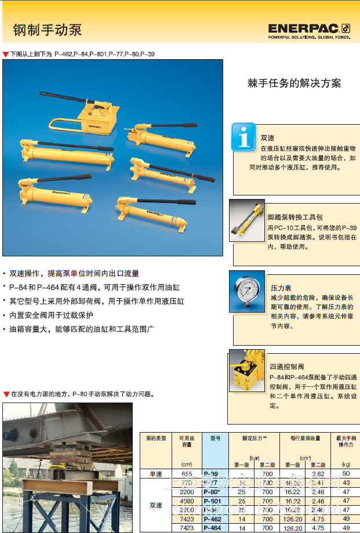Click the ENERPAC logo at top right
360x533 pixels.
pyautogui.click(x=309, y=30)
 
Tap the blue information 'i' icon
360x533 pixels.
pyautogui.click(x=243, y=137)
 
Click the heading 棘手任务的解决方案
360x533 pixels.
pyautogui.click(x=294, y=83)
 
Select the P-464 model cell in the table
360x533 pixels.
pyautogui.click(x=212, y=528)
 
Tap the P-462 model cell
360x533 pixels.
pyautogui.click(x=212, y=519)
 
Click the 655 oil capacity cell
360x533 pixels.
pyautogui.click(x=187, y=474)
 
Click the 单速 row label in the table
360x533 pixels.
pyautogui.click(x=157, y=474)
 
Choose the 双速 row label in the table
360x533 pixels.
pyautogui.click(x=157, y=505)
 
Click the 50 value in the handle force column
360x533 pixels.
pyautogui.click(x=346, y=474)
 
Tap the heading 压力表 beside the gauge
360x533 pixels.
pyautogui.click(x=281, y=288)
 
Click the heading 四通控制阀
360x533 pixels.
pyautogui.click(x=286, y=367)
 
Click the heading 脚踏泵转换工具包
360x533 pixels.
pyautogui.click(x=295, y=216)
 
